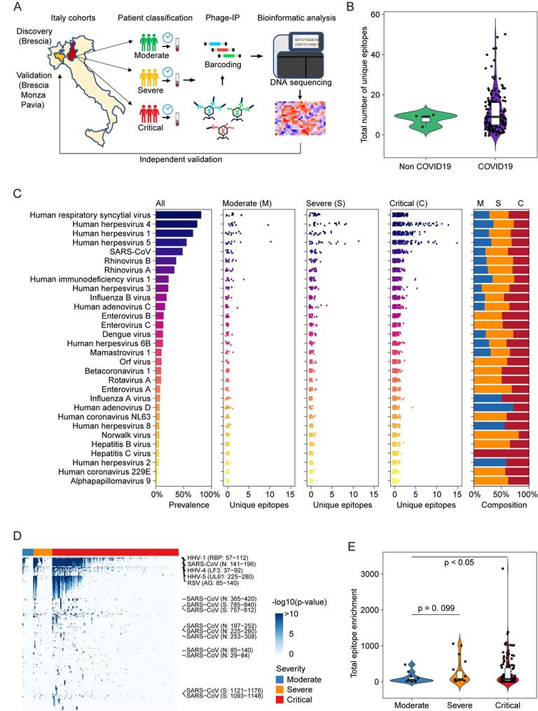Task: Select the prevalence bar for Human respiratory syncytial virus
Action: click(179, 215)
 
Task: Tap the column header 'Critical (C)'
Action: click(412, 202)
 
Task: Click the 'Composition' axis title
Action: click(500, 504)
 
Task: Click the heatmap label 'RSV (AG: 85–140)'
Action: click(212, 581)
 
